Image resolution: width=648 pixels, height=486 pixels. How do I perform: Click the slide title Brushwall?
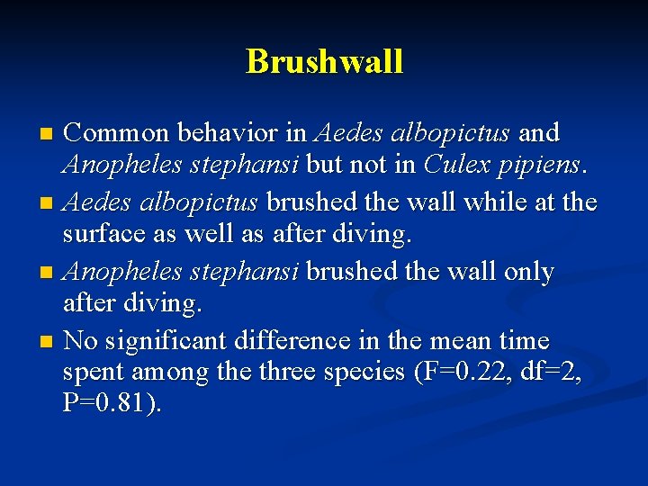[x=324, y=61]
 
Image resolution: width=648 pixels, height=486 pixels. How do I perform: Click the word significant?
[x=175, y=341]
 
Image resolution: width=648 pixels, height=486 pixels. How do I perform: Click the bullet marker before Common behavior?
[x=48, y=135]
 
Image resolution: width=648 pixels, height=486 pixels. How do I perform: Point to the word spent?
[x=95, y=372]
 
